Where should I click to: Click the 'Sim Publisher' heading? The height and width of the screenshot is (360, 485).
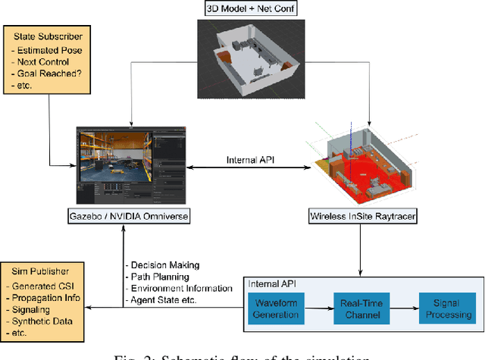[40, 269]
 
